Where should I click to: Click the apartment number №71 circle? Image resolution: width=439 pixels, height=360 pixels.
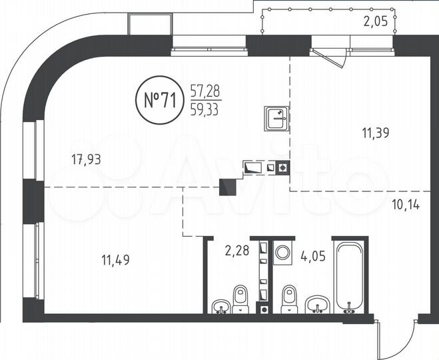160,100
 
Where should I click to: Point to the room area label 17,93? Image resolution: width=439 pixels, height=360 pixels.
90,159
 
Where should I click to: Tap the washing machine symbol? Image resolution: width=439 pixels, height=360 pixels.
283,253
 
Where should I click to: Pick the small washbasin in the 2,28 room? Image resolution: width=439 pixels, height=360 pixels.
221,307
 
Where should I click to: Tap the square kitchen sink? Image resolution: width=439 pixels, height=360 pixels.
276,118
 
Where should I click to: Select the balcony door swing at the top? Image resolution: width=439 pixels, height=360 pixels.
330,57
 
